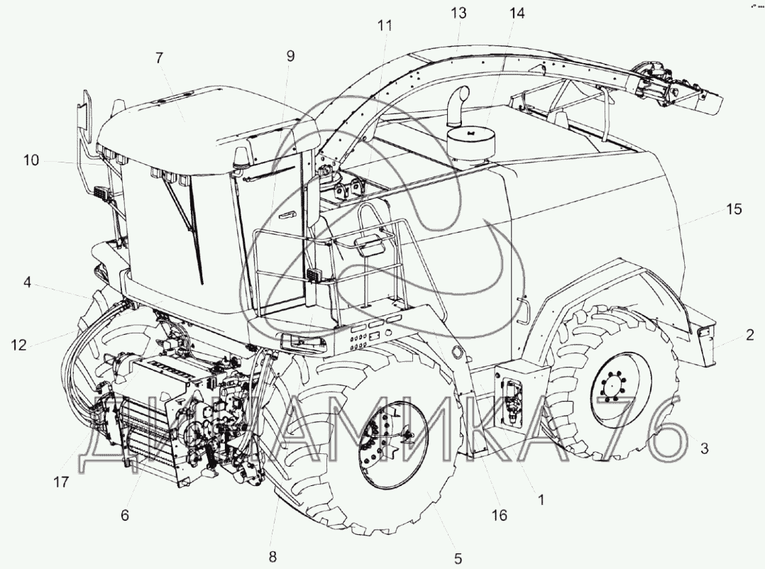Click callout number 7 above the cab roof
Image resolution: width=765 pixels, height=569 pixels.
tap(159, 58)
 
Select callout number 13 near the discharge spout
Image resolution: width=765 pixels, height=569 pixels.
tap(458, 13)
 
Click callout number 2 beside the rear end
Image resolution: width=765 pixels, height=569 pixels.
tap(750, 334)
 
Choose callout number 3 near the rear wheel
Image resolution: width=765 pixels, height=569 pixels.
tap(704, 448)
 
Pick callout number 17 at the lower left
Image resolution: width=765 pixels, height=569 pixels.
tap(61, 482)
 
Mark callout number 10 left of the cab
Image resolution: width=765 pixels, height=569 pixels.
tap(31, 160)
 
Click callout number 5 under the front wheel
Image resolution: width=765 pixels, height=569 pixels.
tap(458, 558)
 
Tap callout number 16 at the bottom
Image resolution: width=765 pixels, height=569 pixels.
tap(499, 515)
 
